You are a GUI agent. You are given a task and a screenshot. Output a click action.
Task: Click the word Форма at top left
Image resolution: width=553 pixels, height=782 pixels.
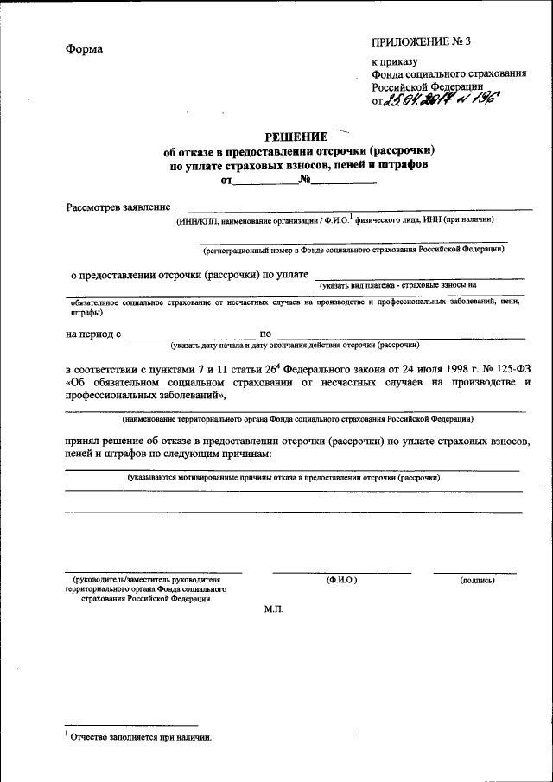(84, 48)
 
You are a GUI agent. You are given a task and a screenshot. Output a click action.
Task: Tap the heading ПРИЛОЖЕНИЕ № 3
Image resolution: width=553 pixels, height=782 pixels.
(422, 41)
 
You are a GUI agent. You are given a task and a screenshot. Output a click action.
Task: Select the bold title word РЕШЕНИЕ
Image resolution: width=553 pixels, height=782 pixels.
(296, 137)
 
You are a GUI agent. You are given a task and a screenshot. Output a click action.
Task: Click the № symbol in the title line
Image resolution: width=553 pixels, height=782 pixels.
(304, 180)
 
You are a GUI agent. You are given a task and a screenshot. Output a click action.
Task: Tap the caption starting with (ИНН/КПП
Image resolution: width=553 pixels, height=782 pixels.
(334, 220)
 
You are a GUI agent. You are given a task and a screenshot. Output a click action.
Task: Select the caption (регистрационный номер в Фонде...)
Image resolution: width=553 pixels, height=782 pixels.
(353, 251)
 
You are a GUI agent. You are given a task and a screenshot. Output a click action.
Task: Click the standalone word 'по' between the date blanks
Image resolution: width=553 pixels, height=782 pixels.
(265, 334)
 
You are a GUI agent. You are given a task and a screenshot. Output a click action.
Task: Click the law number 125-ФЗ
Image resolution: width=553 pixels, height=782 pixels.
(505, 367)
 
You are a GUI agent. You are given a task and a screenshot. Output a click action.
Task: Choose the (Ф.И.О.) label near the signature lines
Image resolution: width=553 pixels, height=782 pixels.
(342, 579)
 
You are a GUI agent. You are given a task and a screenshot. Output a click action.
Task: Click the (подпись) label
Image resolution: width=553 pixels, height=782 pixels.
(477, 580)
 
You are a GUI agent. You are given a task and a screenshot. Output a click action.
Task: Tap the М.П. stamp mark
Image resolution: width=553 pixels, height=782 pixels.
(273, 609)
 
